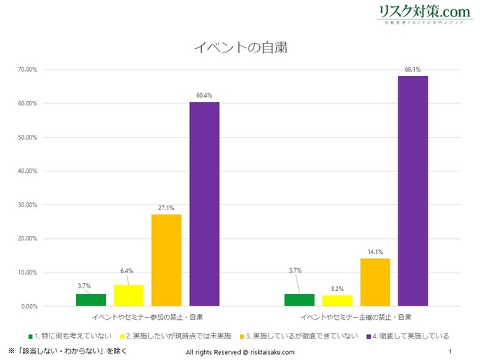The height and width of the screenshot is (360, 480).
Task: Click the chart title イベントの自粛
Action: (x=241, y=48)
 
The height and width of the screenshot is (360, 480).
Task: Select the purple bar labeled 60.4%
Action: (x=204, y=204)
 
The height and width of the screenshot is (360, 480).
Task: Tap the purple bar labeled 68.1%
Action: (x=413, y=191)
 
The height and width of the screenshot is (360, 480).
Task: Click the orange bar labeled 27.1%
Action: (x=166, y=260)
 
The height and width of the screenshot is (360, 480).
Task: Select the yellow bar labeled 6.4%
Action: (x=128, y=295)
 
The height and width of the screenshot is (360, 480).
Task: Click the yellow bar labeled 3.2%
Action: (x=337, y=301)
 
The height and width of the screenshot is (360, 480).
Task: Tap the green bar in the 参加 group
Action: (x=91, y=300)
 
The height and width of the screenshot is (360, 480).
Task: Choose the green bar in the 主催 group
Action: (x=299, y=300)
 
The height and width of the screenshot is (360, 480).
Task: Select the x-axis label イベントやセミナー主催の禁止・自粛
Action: (x=356, y=316)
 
